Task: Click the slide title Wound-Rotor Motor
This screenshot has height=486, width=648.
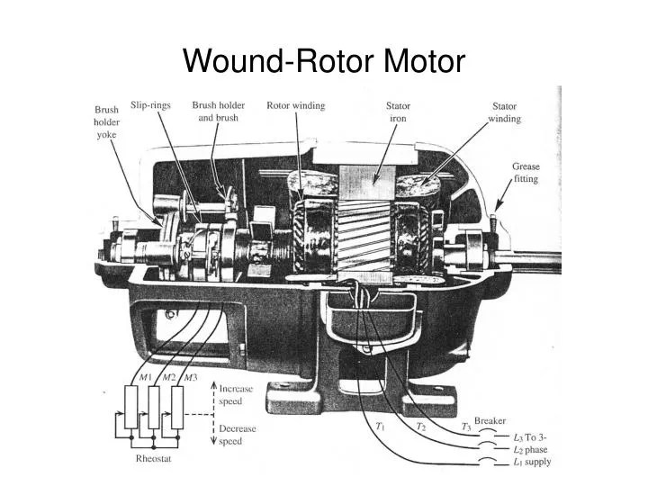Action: (x=324, y=61)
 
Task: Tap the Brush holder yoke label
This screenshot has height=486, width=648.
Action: (x=106, y=121)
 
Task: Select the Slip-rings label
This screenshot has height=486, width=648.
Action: (x=150, y=105)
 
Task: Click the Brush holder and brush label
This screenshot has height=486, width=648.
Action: (x=218, y=112)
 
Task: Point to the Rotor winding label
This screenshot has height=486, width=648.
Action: (x=296, y=105)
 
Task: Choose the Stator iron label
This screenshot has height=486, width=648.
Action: (x=399, y=112)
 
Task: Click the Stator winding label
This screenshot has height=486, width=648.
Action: (x=505, y=112)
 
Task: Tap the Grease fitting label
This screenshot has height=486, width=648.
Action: (x=526, y=173)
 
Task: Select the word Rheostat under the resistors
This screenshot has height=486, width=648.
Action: (x=153, y=458)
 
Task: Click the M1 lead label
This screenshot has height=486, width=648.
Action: (x=146, y=377)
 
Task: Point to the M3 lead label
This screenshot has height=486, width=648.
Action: (x=191, y=377)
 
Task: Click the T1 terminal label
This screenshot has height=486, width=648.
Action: (x=380, y=426)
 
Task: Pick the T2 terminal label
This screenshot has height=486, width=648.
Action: (x=420, y=426)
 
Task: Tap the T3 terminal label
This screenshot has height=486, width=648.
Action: (x=466, y=427)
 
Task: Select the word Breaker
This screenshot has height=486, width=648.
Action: (x=490, y=420)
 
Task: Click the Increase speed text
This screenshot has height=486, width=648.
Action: (x=236, y=395)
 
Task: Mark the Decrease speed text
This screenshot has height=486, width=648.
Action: (x=238, y=435)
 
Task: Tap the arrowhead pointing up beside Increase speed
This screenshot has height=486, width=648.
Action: (x=213, y=385)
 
